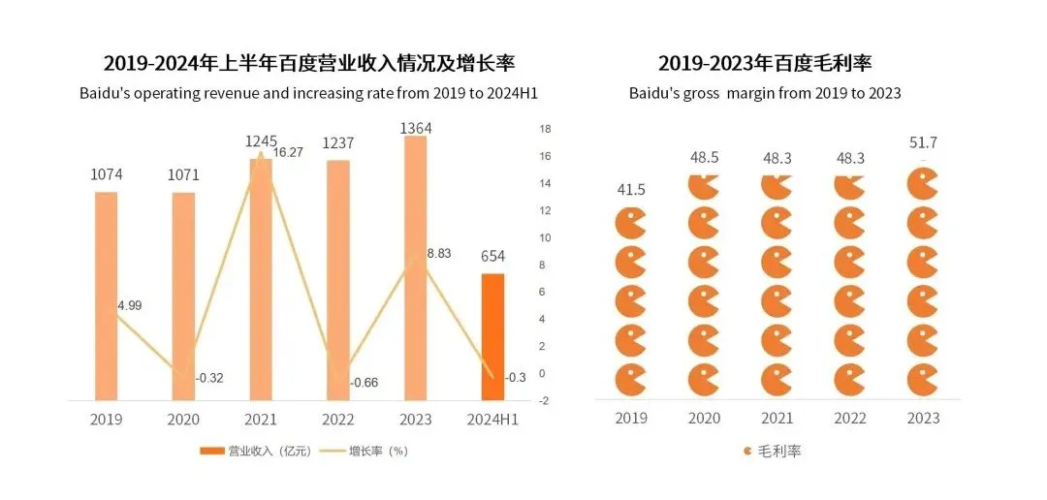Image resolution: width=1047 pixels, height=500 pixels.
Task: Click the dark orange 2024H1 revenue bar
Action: (493, 336)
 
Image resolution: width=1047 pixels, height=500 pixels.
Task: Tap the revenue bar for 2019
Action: (106, 295)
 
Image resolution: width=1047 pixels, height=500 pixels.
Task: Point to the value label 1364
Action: (415, 128)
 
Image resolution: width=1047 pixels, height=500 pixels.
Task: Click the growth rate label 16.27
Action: (291, 152)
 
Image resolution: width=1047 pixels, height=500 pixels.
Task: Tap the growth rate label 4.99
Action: (130, 305)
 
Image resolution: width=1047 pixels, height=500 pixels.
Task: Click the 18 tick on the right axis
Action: (545, 129)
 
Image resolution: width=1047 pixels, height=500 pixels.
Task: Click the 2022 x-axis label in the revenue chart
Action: (338, 420)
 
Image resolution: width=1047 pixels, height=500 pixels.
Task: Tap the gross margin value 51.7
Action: (922, 143)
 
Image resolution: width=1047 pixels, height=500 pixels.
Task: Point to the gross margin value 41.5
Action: (631, 190)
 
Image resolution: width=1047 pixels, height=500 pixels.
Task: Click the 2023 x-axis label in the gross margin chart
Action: (922, 418)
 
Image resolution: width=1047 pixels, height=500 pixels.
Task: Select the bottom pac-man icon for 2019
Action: (631, 379)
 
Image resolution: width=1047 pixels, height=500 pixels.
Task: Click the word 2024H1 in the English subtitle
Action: (509, 94)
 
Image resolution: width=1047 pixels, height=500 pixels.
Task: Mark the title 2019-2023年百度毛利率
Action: (765, 64)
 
